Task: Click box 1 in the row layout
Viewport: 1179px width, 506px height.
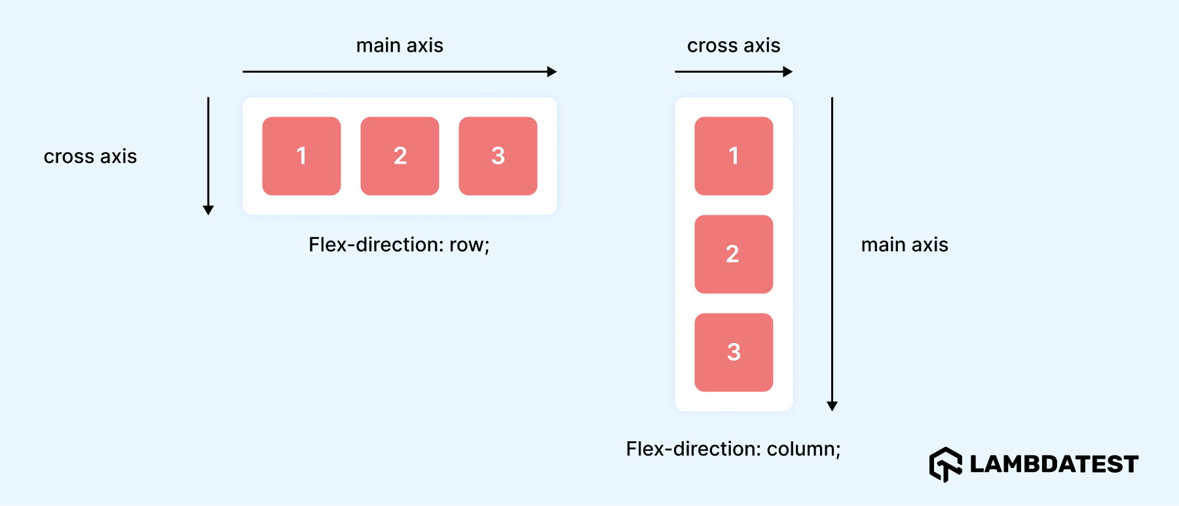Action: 301,156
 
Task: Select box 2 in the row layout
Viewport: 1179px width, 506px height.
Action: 400,156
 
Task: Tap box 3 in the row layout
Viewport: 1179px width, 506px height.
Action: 498,156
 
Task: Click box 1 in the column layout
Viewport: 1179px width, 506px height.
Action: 734,156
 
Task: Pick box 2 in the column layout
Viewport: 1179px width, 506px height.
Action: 734,254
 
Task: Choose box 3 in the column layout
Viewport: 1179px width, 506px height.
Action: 734,352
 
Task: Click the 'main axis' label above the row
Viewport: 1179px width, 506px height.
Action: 400,45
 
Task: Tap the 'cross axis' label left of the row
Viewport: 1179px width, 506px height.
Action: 90,156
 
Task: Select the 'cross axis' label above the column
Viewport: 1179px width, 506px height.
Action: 734,45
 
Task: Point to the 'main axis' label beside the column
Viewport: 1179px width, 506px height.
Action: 905,245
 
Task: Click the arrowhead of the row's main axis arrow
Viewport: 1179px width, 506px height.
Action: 552,72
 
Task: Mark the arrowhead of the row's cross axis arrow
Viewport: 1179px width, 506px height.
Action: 208,210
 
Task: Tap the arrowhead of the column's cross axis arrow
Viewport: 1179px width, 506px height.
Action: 788,72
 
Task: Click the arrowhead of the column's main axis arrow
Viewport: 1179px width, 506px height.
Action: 832,407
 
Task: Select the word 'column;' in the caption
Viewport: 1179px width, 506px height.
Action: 803,449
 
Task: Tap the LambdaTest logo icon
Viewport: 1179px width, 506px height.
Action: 945,464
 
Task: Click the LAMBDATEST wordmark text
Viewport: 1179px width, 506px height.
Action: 1053,464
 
